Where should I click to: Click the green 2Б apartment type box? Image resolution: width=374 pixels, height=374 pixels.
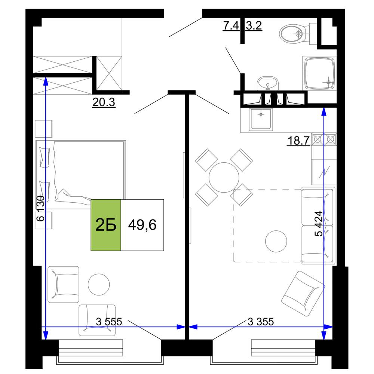pos(106,225)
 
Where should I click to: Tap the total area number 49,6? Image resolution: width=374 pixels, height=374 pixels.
pos(142,225)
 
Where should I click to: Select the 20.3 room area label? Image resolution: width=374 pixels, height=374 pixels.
pos(104,102)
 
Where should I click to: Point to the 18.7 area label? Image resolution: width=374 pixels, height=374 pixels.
pos(298,141)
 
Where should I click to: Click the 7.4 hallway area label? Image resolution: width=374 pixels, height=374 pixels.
pos(231,25)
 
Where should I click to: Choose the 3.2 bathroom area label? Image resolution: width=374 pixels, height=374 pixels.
pos(254,25)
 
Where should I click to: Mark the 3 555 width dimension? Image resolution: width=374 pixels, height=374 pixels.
pos(109,322)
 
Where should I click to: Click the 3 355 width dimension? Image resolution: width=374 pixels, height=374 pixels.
pos(261,322)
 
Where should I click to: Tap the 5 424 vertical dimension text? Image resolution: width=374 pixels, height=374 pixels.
pos(319,224)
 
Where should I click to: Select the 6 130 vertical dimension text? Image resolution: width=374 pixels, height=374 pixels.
pos(40,208)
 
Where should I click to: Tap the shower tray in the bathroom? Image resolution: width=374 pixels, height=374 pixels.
pos(319,73)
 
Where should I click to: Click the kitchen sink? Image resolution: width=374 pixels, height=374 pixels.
pos(261,119)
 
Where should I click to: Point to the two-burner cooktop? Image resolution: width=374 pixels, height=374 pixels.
pos(324,139)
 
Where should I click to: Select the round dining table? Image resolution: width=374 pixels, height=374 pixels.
pos(224,177)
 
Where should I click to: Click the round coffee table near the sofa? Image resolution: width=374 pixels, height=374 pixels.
pos(276,241)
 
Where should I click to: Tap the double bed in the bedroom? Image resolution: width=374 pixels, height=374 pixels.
pos(81,175)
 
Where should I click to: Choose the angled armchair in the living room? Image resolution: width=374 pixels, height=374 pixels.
pos(303,294)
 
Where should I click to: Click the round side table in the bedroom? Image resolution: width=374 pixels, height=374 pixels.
pos(99,284)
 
